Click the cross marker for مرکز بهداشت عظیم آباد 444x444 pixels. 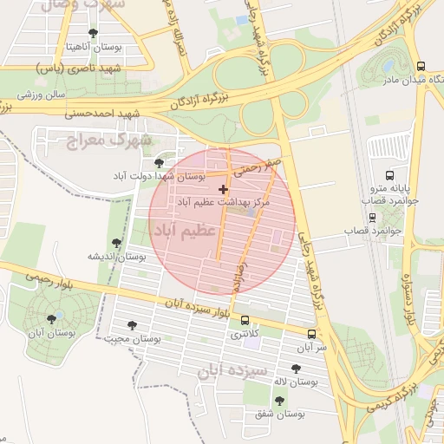coord(224,189)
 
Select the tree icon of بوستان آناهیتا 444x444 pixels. coord(93,33)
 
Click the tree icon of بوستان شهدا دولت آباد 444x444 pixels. coord(158,162)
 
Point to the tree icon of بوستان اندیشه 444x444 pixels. coord(116,244)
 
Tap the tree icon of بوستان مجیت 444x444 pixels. coord(132,325)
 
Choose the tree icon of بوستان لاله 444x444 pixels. coord(296,369)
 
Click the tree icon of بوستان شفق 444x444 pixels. coord(278,400)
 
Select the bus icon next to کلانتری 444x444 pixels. coord(244,320)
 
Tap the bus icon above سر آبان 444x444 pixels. coord(311,334)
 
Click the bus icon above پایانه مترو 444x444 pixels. coord(388,175)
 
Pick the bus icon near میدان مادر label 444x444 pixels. coord(420,66)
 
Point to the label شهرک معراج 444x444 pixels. coord(109,139)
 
